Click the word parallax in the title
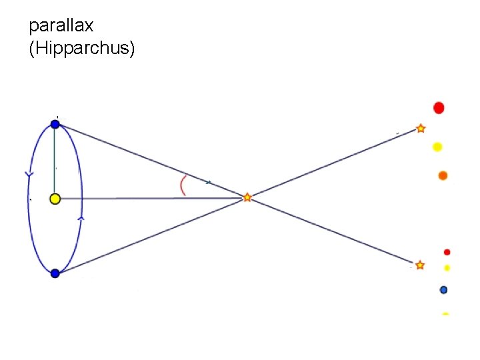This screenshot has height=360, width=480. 61,26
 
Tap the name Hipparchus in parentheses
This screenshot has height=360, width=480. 82,49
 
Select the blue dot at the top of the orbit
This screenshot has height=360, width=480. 55,124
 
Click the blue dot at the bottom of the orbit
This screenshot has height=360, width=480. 55,273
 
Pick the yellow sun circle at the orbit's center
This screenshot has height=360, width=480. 55,198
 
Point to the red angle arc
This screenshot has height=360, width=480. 182,186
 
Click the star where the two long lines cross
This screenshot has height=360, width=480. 247,197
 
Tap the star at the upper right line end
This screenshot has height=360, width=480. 421,128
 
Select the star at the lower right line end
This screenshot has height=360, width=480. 420,265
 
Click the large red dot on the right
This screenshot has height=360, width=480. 439,107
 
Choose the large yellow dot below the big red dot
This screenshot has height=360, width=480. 437,147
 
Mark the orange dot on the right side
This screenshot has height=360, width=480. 443,176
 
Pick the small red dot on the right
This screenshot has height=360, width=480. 447,252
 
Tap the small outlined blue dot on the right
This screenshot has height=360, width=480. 444,289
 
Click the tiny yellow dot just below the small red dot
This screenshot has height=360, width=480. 447,267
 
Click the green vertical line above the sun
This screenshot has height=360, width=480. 55,160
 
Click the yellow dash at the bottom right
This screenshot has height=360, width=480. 445,313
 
